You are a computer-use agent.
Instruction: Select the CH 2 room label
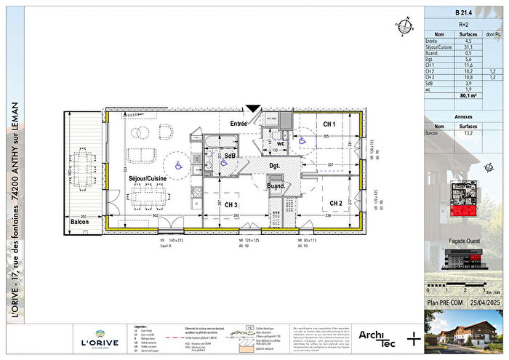coord(336,203)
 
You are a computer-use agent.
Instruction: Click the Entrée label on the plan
coord(239,124)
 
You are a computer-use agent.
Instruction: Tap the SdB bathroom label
coord(230,156)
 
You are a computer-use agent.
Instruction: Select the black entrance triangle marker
coord(253,110)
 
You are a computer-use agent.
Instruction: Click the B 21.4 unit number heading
coord(463,12)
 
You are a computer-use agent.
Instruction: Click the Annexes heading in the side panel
coord(463,116)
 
